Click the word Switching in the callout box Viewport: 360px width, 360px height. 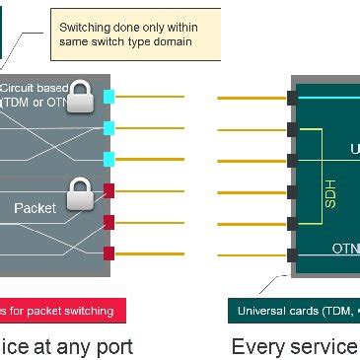pos(86,26)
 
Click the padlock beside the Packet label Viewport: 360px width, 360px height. pos(80,193)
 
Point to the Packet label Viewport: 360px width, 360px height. pos(35,208)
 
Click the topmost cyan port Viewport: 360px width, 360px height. pos(109,97)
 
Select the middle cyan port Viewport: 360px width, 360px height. pos(109,127)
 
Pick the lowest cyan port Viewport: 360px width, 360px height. pos(109,159)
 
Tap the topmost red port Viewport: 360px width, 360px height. pos(109,190)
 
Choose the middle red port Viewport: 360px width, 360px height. pos(109,222)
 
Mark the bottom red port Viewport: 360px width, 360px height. pos(109,253)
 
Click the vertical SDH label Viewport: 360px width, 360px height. pos(330,191)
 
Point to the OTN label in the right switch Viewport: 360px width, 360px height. pos(345,249)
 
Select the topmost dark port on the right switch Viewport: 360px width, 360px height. pos(292,97)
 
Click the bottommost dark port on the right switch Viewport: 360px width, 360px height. pos(292,254)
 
